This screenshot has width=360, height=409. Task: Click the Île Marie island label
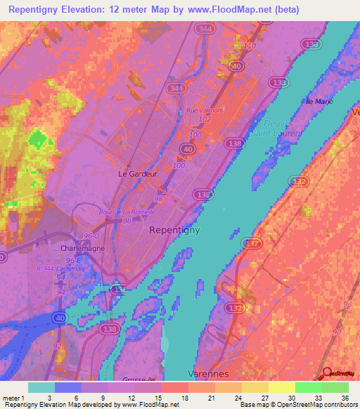[319, 102]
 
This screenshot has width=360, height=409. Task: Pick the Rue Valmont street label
[205, 110]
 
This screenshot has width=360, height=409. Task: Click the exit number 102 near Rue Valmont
[205, 119]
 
